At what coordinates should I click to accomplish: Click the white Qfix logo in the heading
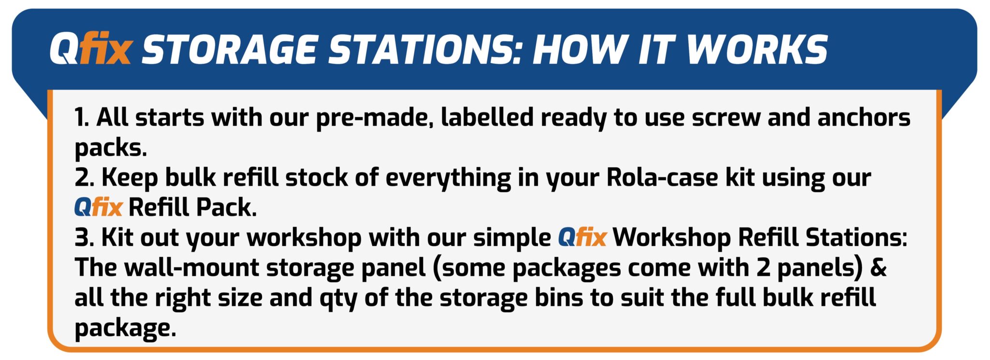pos(90,49)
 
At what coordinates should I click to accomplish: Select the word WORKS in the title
pos(757,49)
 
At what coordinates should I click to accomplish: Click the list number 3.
pos(84,238)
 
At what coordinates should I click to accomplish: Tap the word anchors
pos(864,117)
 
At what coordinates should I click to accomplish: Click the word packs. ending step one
pos(110,148)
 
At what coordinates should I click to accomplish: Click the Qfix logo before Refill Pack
pos(99,207)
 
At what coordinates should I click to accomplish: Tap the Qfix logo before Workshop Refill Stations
pos(582,237)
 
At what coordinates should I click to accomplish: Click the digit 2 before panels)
pos(763,268)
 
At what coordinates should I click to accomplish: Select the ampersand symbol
pos(878,268)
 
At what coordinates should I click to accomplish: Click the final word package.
pos(125,329)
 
